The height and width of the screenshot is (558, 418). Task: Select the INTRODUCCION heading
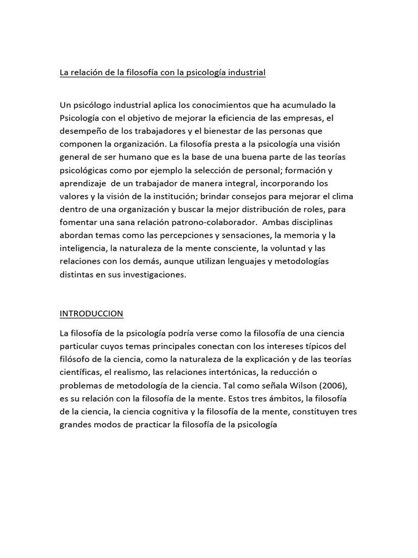(91, 313)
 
